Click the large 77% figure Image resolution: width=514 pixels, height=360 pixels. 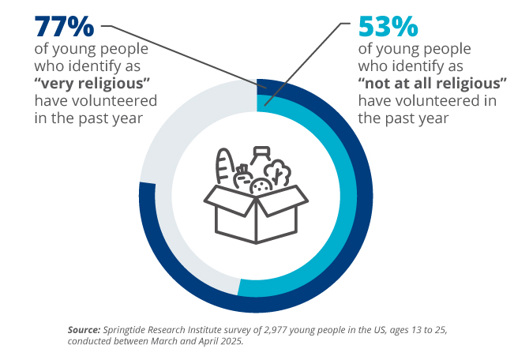tap(63, 26)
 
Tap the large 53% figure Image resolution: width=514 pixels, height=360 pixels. tap(388, 26)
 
